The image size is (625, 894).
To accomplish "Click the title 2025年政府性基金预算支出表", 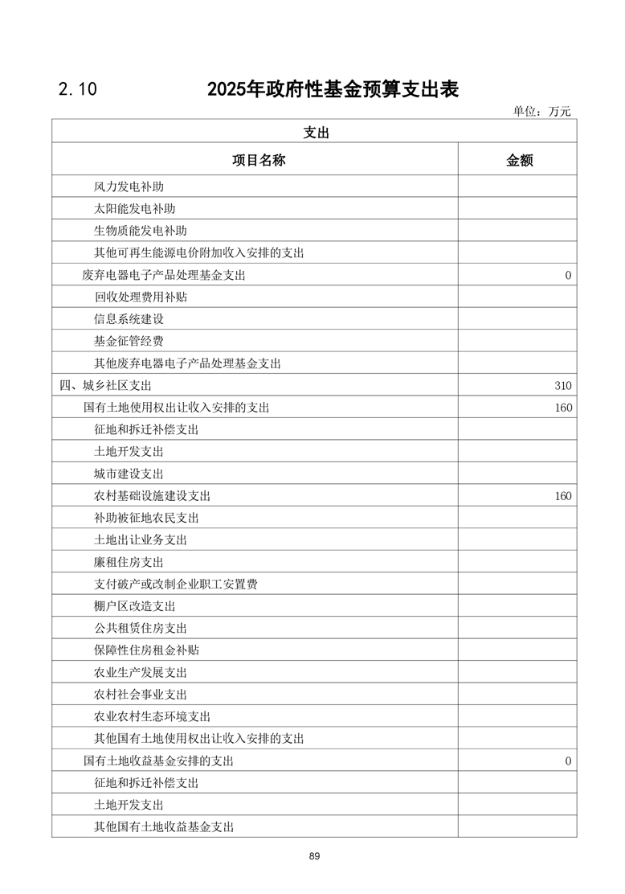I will coord(333,89).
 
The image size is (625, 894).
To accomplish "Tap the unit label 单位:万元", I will coord(541,112).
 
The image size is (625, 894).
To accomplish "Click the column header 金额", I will coord(519,160).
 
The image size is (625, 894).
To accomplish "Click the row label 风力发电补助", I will coord(129,187).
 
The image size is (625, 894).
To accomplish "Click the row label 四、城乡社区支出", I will coord(105,386).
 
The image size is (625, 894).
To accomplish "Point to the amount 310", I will coord(562,386).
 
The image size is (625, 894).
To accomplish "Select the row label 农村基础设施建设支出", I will coord(152,496).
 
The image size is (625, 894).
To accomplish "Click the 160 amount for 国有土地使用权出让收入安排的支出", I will coord(562,408).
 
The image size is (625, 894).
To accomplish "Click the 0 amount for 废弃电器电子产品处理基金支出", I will coord(567,276).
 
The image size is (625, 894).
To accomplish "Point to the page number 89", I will coord(314,855).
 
